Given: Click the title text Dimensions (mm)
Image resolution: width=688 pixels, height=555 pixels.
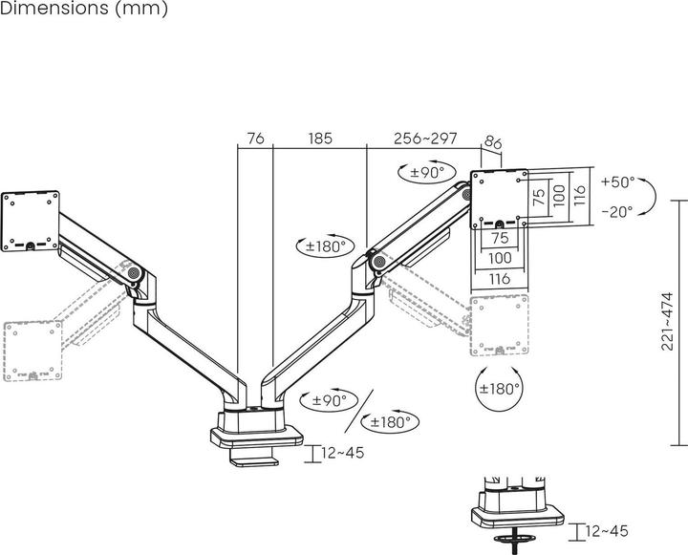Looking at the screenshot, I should click(85, 10).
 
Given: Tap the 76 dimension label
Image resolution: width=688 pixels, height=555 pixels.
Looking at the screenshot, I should click(255, 139).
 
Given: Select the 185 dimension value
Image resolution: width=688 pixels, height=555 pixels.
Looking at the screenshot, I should click(320, 139).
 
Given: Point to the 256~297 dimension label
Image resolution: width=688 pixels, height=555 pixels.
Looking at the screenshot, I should click(425, 139).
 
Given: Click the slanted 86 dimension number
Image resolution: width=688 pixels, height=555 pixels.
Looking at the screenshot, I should click(494, 144).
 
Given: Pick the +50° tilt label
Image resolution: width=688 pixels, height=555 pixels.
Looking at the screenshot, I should click(617, 181).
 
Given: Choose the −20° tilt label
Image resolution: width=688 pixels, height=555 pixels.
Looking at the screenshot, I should click(617, 211).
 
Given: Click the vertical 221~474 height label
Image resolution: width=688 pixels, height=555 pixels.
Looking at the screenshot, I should click(667, 322).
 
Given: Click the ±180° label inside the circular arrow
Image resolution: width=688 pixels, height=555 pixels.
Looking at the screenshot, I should click(500, 389).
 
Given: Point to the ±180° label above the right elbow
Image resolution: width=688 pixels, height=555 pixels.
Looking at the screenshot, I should click(324, 245).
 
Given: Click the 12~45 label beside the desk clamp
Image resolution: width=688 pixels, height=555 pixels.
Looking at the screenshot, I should click(342, 453).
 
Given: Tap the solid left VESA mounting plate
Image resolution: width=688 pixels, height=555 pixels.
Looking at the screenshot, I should click(31, 220).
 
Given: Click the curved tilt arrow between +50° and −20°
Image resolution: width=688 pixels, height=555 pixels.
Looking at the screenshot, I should click(648, 197).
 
